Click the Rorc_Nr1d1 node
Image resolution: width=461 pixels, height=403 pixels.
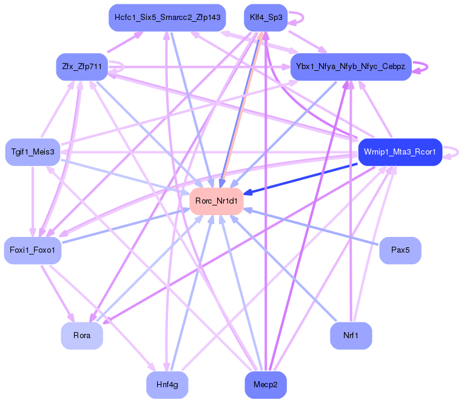point(217,201)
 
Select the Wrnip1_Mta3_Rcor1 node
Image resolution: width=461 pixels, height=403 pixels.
point(400,152)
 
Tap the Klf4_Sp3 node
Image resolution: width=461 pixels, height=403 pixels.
point(265,18)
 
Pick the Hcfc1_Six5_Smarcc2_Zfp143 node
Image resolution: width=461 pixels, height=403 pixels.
point(167,18)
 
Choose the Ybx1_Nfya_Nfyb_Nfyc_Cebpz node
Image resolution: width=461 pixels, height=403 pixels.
point(351,66)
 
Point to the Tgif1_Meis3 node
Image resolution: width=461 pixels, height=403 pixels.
point(33,152)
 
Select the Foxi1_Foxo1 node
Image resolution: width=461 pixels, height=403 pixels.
point(33,250)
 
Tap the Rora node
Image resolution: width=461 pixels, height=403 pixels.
point(82,336)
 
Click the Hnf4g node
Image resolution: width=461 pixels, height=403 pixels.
point(167,384)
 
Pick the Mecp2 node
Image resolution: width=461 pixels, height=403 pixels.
point(265,384)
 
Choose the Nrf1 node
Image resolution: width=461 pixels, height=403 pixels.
point(351,336)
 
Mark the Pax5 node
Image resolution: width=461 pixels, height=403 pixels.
point(400,250)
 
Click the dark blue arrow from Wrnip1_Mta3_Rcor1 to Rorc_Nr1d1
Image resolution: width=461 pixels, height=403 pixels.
point(303,178)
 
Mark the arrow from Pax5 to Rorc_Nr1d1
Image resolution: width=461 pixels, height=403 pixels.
point(315,227)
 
